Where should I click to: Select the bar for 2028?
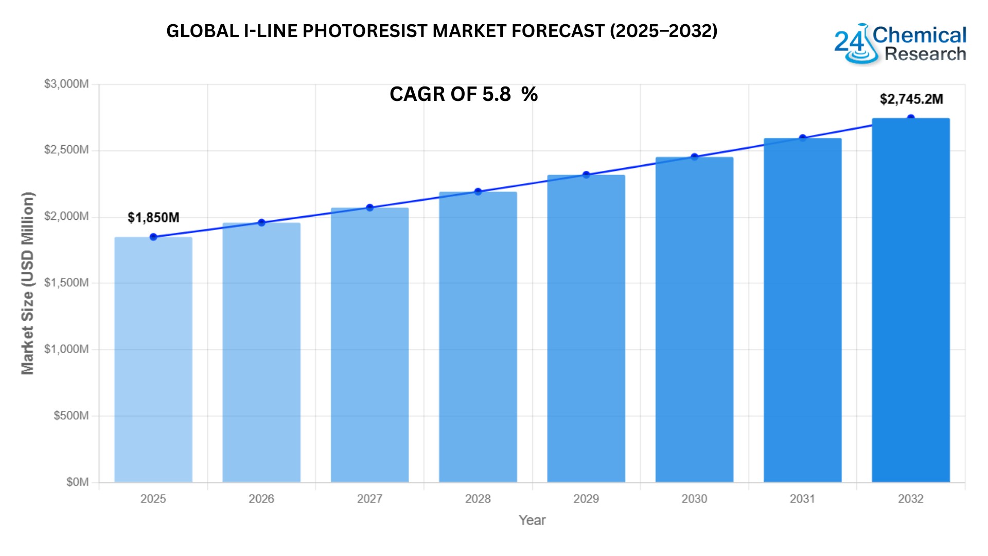click(478, 337)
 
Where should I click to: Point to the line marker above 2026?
click(261, 223)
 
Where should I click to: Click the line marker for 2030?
click(694, 157)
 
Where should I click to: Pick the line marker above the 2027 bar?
click(369, 207)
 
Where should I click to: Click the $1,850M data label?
click(153, 218)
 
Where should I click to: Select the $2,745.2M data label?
click(911, 99)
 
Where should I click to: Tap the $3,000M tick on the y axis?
click(66, 84)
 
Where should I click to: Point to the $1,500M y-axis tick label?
click(66, 283)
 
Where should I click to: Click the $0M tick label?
click(77, 482)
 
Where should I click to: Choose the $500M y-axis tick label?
click(71, 415)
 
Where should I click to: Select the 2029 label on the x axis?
click(586, 499)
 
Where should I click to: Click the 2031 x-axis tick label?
click(802, 499)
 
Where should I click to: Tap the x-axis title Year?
click(532, 520)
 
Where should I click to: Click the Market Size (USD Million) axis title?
click(27, 283)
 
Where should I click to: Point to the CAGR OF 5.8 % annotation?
click(463, 94)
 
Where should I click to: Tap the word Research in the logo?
click(925, 54)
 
